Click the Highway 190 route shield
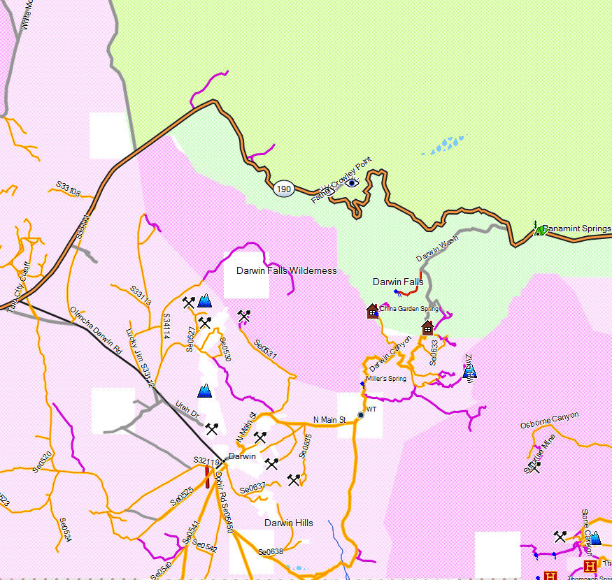coord(283,189)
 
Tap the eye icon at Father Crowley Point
coord(353,183)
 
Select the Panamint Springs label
coord(577,229)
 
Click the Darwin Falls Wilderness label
coord(286,270)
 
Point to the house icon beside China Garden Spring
coord(372,310)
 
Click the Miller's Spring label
coord(385,379)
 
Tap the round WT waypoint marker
coord(361,415)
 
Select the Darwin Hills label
coord(288,523)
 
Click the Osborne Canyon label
coord(550,420)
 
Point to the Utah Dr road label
coord(187,410)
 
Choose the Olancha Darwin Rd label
coord(96,331)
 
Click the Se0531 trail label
coord(266,350)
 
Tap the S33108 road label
coord(69,189)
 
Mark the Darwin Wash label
coord(437,249)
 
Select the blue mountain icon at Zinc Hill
coord(469,371)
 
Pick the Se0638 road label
coord(270,552)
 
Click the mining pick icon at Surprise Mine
coord(536,467)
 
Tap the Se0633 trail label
coord(434,353)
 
